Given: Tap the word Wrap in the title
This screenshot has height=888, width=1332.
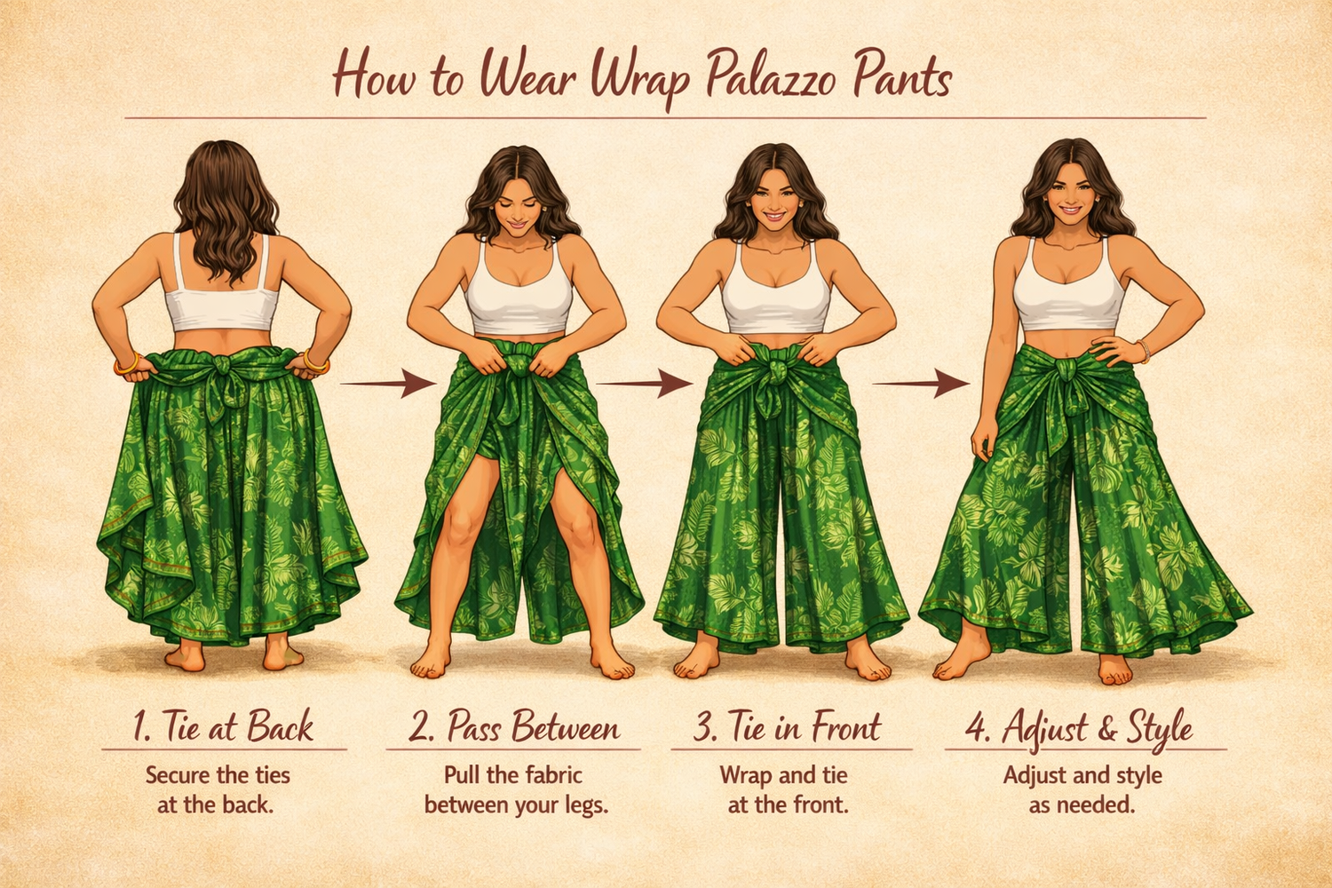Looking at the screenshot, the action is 639,80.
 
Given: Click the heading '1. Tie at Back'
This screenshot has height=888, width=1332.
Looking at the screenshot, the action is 223,726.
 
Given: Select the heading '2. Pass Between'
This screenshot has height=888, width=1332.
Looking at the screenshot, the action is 514,726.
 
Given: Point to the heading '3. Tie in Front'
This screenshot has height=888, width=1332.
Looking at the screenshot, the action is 788,726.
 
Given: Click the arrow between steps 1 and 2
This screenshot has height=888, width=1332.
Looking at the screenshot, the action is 388,383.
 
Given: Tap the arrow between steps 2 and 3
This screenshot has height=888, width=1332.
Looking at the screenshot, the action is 645,383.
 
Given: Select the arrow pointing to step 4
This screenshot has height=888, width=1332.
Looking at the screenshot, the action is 921,383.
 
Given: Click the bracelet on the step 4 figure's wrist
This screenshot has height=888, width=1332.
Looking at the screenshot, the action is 1143,351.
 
